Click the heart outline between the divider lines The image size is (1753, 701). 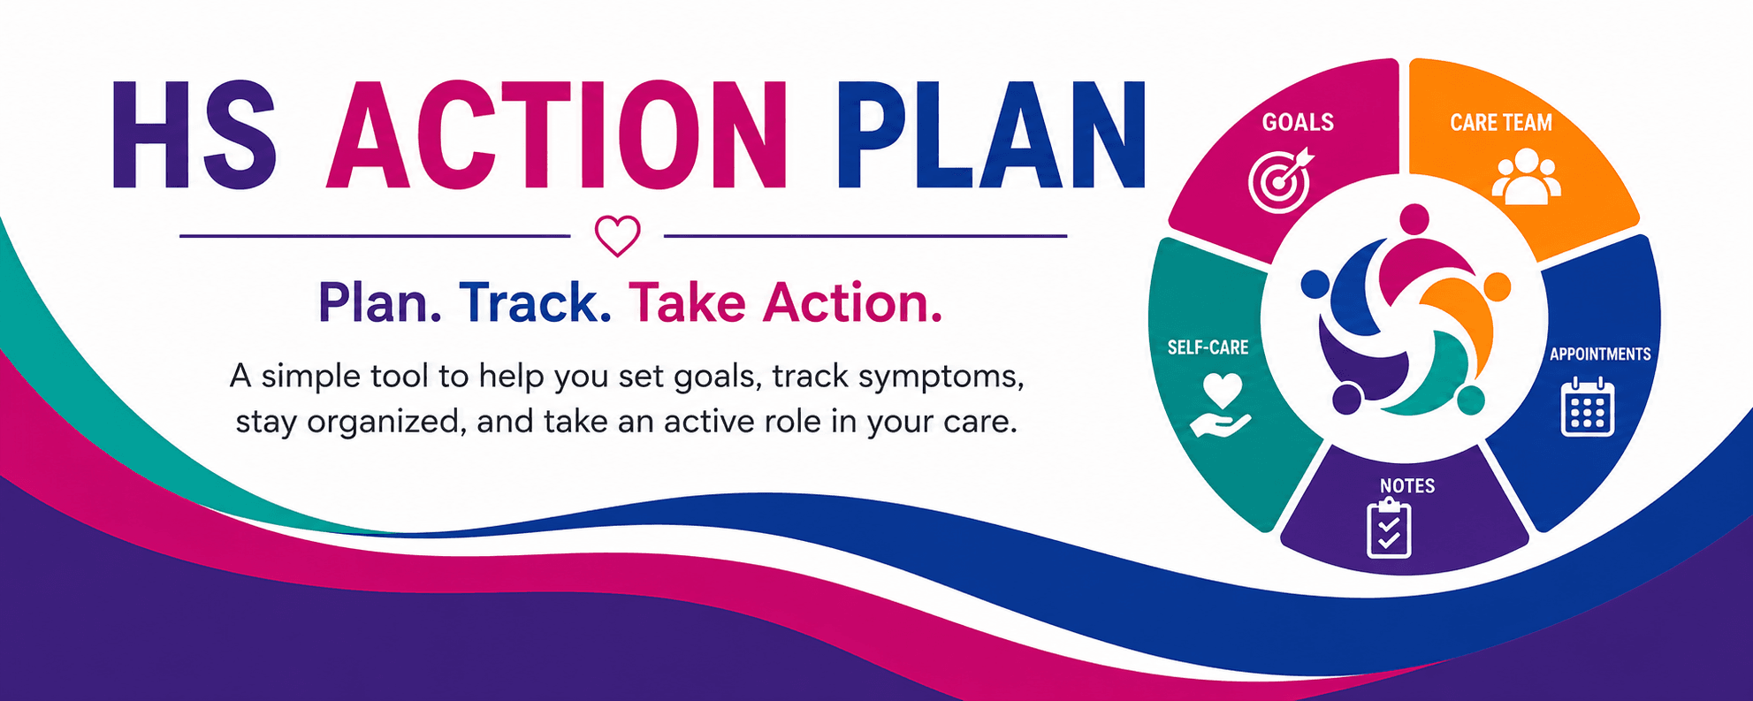coord(617,236)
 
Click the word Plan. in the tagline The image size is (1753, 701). coord(380,302)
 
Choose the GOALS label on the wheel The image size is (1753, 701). coord(1298,122)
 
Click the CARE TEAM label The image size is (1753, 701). coord(1501,122)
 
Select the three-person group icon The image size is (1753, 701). coord(1527,177)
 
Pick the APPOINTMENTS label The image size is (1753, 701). coord(1600,354)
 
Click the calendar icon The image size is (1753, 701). coord(1588,407)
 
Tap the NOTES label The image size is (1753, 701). coord(1407,485)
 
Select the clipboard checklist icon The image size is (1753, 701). coord(1389,528)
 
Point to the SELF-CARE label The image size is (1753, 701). coord(1208,347)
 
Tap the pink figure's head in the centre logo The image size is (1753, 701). coord(1414,219)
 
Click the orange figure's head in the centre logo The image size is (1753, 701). coord(1497,286)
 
